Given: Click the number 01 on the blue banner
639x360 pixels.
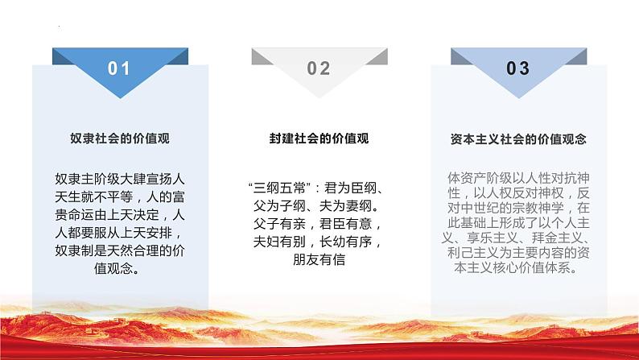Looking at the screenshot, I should tap(119, 68).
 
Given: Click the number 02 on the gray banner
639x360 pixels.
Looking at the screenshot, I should tap(319, 68).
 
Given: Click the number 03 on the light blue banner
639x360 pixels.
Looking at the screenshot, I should tap(518, 68).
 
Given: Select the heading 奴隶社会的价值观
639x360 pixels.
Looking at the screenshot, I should tap(119, 139).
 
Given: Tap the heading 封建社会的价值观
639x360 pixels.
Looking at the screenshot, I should tap(319, 139).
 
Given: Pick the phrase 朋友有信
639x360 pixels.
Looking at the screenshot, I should tap(319, 260).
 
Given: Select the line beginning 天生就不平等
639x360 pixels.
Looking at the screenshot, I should tap(119, 197).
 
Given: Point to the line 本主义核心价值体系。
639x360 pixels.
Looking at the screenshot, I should tap(518, 269).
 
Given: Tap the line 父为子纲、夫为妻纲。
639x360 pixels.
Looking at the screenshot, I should tap(319, 206).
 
